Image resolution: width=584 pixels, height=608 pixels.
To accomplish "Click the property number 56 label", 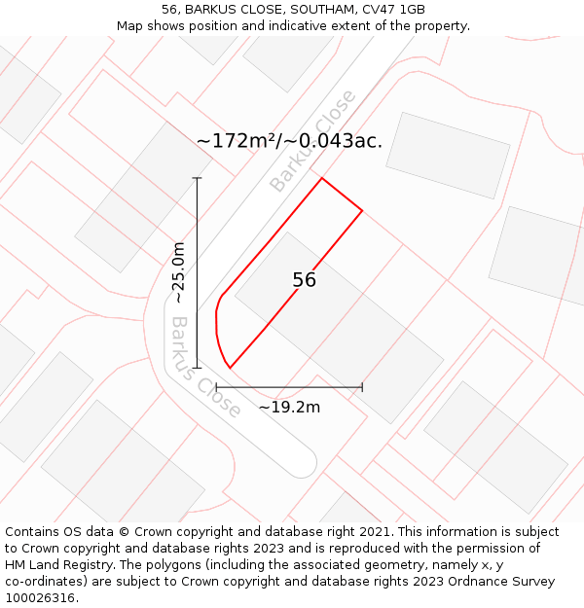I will coord(304,280).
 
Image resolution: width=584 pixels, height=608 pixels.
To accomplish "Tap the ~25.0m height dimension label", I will coord(179,272).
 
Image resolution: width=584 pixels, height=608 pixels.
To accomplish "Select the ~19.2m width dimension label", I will coord(289,407).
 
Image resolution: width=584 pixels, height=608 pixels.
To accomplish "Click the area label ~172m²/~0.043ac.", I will coord(289,141).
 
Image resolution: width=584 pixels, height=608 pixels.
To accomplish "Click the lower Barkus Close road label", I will coord(205,367).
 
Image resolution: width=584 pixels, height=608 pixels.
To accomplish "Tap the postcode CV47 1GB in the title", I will coord(398,9).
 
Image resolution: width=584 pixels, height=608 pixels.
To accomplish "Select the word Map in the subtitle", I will coord(129,25).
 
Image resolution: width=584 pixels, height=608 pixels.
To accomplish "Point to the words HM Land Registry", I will coord(52,565).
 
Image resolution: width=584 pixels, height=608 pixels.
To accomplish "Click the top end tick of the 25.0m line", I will coord(197,178).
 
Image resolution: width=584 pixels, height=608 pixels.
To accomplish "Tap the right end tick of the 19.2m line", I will coord(362,387).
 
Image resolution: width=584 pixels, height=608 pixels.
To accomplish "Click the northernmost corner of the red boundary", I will coord(322,178).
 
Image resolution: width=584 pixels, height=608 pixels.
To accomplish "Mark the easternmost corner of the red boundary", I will coord(362,210).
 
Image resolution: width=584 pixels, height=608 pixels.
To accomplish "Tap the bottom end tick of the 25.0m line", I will coord(197,368).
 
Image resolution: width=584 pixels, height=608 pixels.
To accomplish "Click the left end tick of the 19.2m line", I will coord(216,387).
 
